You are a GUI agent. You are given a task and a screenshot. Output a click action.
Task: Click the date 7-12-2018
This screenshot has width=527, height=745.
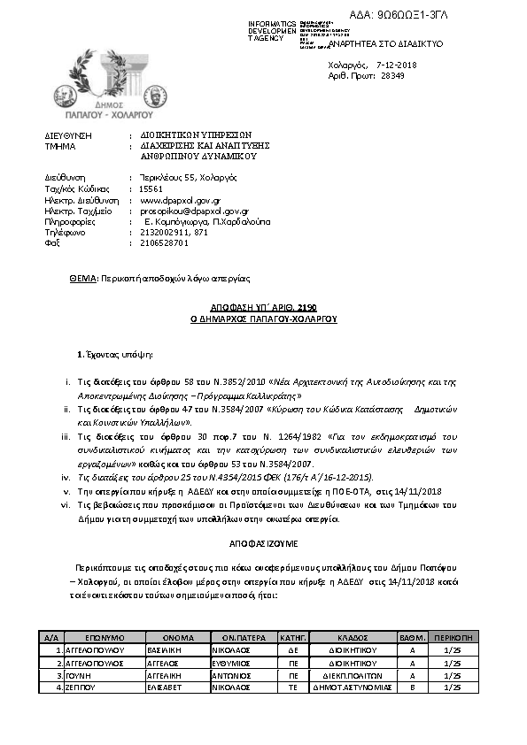(x=396, y=65)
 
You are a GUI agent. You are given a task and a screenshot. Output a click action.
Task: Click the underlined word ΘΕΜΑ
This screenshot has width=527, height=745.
(x=84, y=278)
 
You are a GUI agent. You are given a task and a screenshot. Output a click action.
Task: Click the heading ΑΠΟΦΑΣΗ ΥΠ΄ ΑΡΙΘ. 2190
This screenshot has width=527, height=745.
(x=264, y=308)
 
